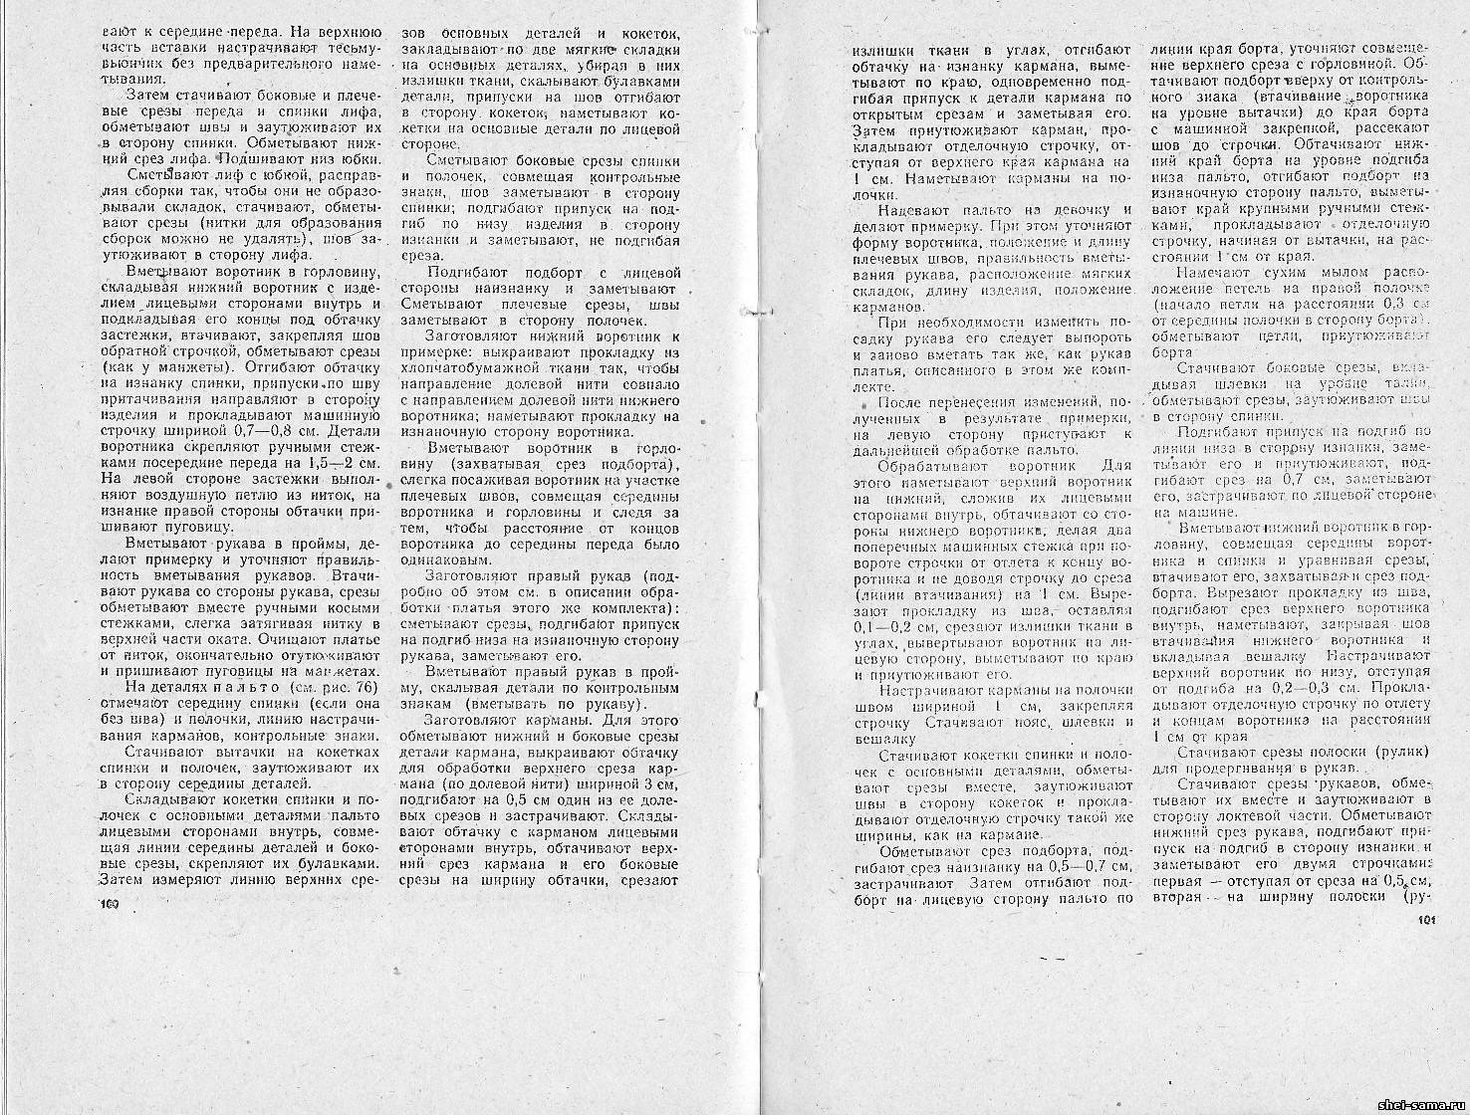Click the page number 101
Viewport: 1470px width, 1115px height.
[1424, 921]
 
